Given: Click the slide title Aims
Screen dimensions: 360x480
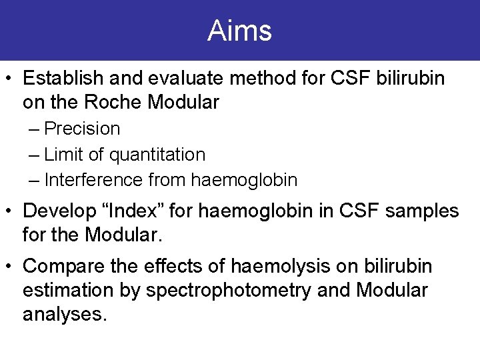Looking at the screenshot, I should pyautogui.click(x=239, y=31).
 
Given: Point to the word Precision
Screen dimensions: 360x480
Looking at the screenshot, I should pyautogui.click(x=82, y=128).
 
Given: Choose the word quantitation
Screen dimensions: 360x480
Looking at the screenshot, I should pyautogui.click(x=157, y=155).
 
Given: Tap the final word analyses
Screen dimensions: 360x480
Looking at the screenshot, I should pyautogui.click(x=64, y=315).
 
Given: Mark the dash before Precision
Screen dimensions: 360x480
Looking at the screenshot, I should pyautogui.click(x=34, y=129).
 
